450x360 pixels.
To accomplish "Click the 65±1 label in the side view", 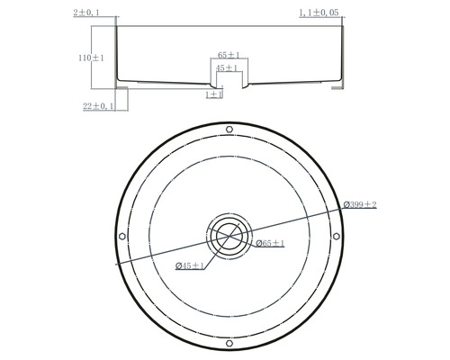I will tap(229, 55).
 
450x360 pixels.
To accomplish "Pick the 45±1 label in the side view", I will tap(228, 68).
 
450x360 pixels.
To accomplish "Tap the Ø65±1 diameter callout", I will tap(269, 244).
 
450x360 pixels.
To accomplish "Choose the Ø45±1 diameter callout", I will tap(190, 265).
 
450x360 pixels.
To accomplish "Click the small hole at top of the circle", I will tap(229, 130).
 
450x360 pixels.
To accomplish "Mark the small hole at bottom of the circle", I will tap(229, 344).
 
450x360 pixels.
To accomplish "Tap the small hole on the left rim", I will tap(122, 237).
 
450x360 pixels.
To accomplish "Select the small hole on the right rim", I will tap(337, 237).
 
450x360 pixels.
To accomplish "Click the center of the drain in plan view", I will tap(229, 237).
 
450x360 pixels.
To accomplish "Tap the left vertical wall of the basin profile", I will tap(118, 54).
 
